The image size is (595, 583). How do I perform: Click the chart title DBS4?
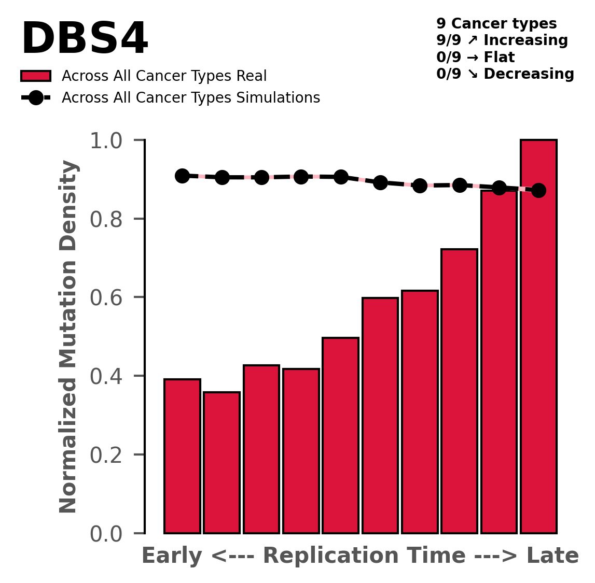pyautogui.click(x=85, y=40)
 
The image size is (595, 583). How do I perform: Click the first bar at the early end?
pyautogui.click(x=182, y=456)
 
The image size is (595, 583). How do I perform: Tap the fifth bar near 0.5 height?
pyautogui.click(x=340, y=435)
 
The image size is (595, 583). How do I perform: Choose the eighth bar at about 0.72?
pyautogui.click(x=459, y=391)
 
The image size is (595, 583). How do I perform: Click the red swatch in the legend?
pyautogui.click(x=36, y=76)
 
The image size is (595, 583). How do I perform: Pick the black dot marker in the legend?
pyautogui.click(x=36, y=98)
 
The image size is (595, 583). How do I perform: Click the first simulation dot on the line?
pyautogui.click(x=182, y=176)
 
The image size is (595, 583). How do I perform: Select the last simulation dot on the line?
pyautogui.click(x=538, y=190)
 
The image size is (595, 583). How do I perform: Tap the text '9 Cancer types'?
pyautogui.click(x=496, y=24)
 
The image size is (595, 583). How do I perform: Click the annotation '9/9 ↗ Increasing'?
pyautogui.click(x=502, y=40)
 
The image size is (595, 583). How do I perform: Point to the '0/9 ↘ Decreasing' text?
pyautogui.click(x=505, y=74)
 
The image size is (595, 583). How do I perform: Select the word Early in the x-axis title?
pyautogui.click(x=173, y=556)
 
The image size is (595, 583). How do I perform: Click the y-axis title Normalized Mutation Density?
pyautogui.click(x=68, y=337)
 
